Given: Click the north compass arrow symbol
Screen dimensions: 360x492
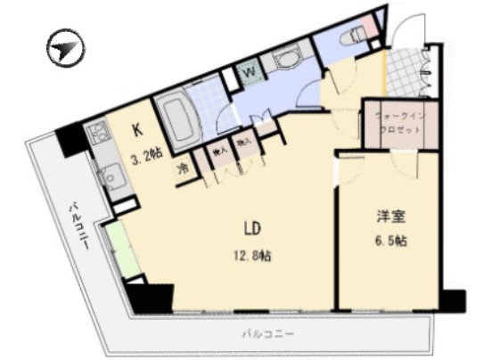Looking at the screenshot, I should pos(65,49).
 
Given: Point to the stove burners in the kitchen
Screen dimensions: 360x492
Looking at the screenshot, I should pos(96,135).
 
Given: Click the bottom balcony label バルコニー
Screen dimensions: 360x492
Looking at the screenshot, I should pos(268,335).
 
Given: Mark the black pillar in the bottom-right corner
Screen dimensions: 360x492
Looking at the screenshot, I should pos(454,300).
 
